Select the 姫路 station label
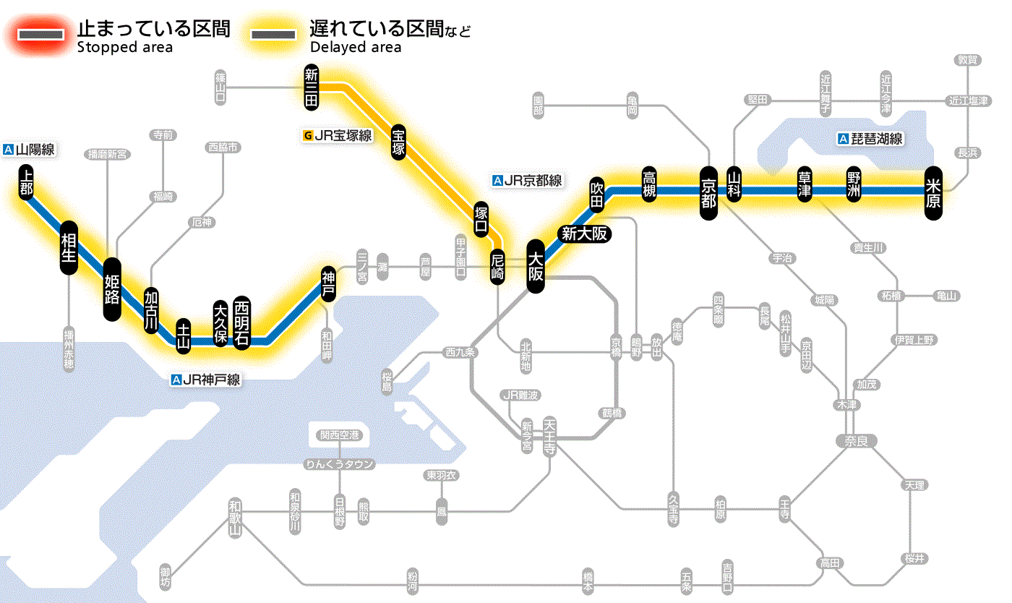tap(112, 289)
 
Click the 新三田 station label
tap(311, 87)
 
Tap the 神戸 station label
tap(328, 284)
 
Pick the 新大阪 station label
tap(584, 234)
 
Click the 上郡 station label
tap(27, 181)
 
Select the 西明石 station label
tap(241, 322)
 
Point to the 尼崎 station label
tap(497, 267)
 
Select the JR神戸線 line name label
tap(206, 380)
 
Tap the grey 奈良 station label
tap(855, 440)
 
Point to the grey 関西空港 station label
tap(339, 435)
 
